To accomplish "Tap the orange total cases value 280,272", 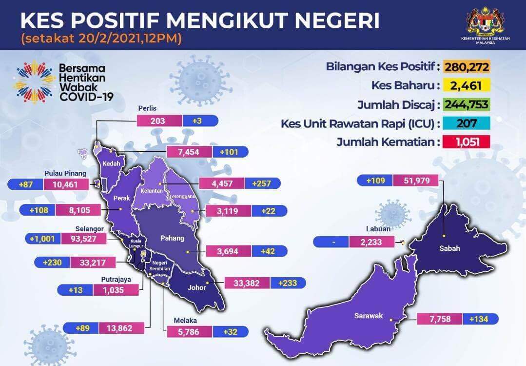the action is coord(467,67).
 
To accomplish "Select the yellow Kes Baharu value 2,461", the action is coord(467,85).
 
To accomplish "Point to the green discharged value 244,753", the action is coord(467,104).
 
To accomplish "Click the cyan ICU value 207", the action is coord(467,123).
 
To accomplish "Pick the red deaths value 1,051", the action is coord(467,142).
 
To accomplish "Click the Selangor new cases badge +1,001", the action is coord(42,239).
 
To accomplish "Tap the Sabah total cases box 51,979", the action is coord(416,181).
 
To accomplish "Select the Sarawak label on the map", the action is coord(369,316).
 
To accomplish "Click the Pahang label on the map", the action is coord(172,238).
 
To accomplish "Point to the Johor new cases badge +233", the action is coord(288,283).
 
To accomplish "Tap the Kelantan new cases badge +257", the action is coord(263,183).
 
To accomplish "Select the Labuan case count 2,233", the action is coord(371,242).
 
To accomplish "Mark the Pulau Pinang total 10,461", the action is coord(66,184).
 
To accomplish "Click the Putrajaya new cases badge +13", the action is coord(76,290).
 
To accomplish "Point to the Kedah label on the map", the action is coord(111,163).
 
